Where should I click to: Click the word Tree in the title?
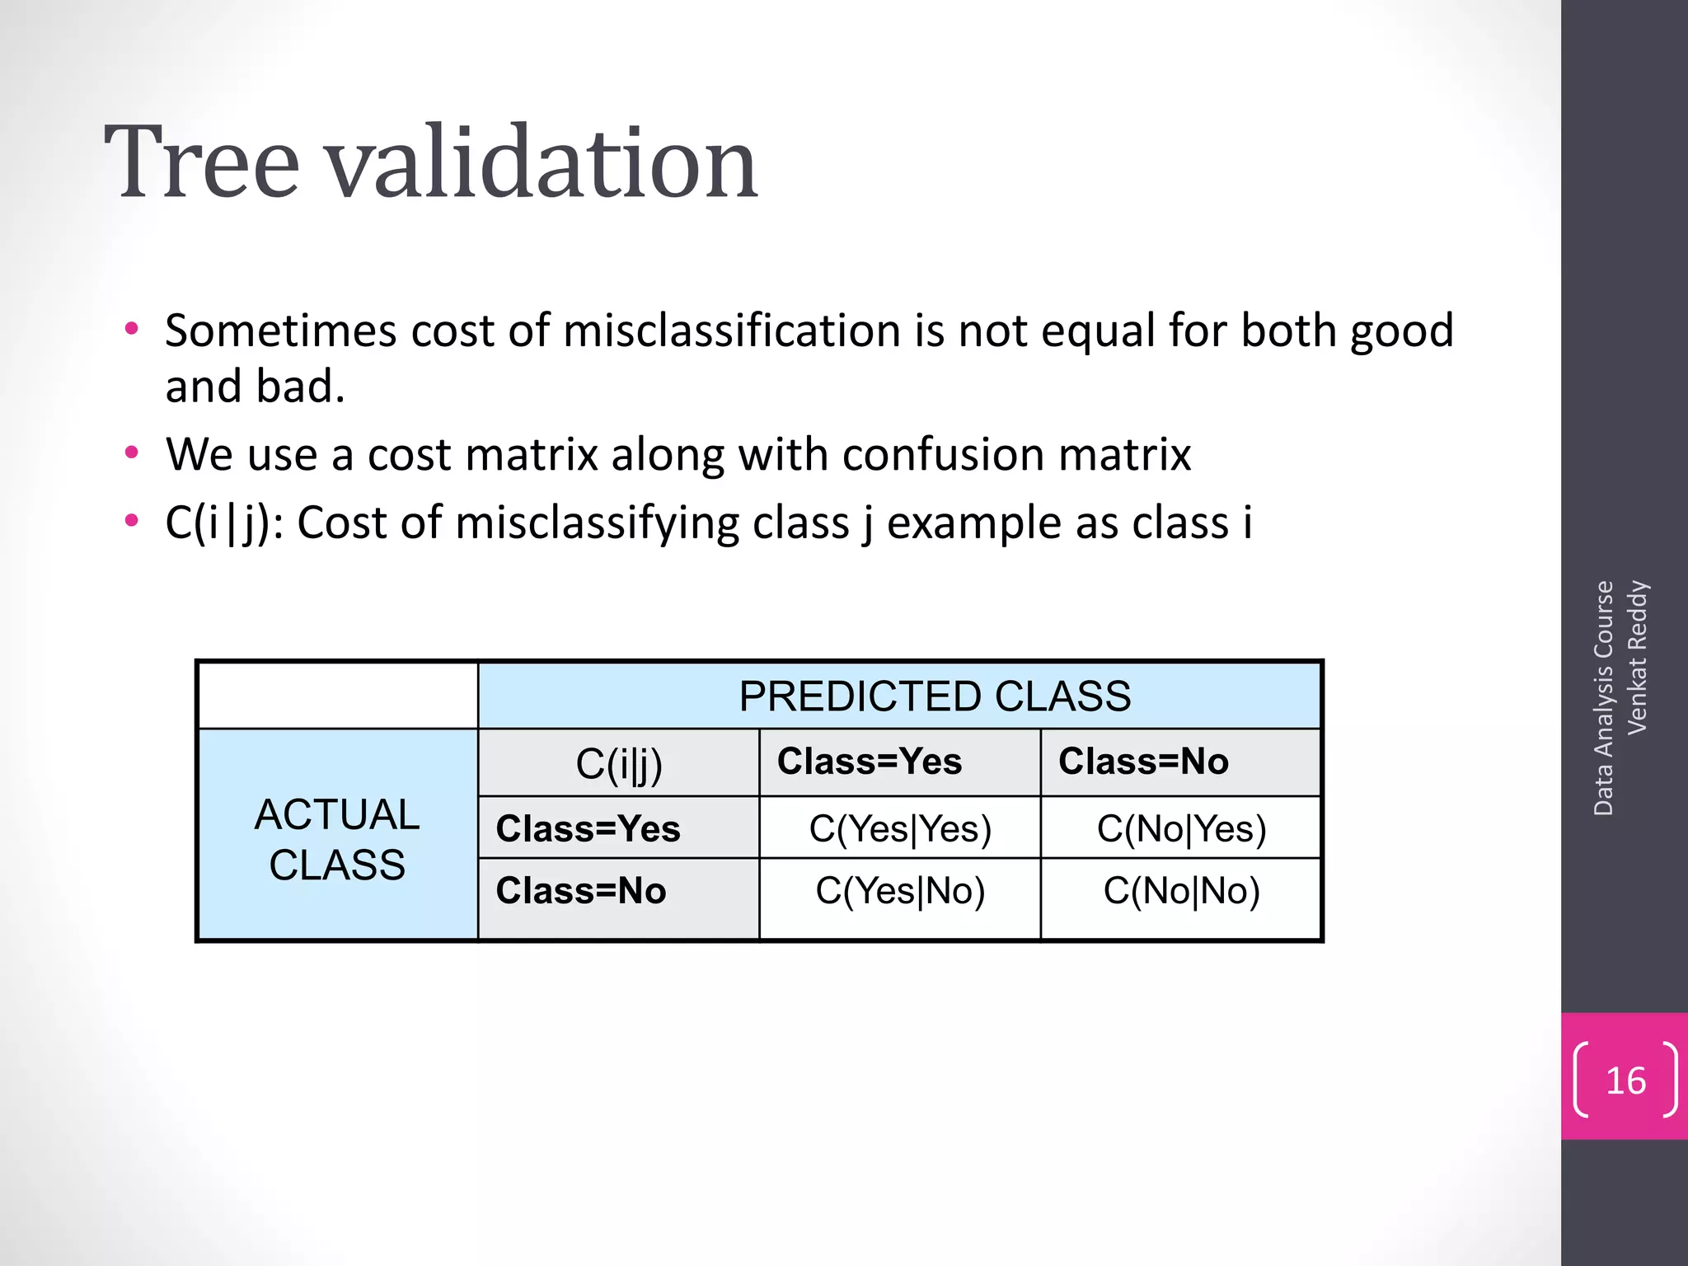pos(202,162)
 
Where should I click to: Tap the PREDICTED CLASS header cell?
pos(934,696)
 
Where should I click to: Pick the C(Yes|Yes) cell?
pos(899,828)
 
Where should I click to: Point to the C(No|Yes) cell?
pos(1180,828)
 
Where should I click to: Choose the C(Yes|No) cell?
pos(899,891)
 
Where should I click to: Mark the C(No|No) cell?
pos(1180,891)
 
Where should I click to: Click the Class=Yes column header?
pos(869,762)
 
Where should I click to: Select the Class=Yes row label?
pos(588,828)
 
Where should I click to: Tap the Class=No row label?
pos(580,891)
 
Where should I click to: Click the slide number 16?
pos(1625,1081)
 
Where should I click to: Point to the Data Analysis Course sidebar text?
pos(1603,698)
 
